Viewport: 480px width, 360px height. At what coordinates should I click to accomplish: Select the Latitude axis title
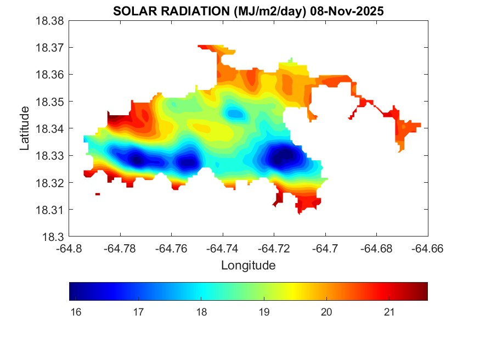(25, 128)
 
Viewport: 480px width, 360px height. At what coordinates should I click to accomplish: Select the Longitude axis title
(248, 266)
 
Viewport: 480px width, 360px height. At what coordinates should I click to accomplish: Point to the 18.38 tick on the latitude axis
(50, 21)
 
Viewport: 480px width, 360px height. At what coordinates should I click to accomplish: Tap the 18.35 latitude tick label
(50, 102)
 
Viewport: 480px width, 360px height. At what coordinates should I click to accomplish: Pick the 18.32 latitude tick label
(50, 183)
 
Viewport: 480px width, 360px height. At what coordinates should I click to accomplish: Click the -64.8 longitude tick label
(69, 249)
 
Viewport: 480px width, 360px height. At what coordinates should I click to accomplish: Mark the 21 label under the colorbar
(389, 312)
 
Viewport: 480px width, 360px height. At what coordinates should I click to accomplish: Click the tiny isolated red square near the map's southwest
(98, 194)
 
